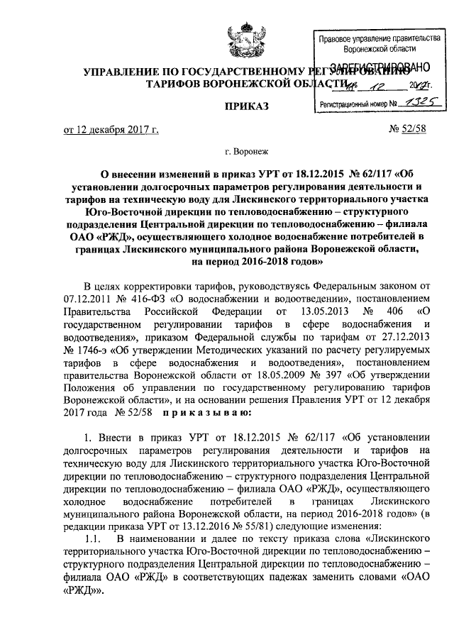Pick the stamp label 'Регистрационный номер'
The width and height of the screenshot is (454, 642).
(352, 104)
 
